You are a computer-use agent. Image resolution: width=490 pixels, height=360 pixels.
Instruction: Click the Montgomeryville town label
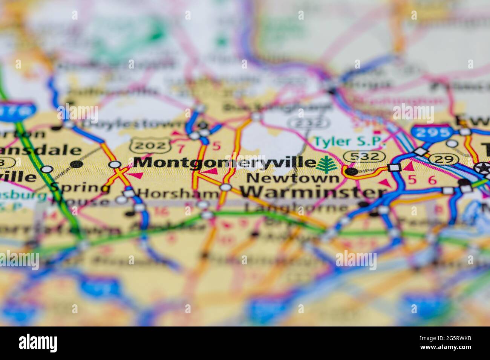pyautogui.click(x=225, y=163)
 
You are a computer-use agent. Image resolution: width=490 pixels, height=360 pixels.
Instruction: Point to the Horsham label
pyautogui.click(x=178, y=193)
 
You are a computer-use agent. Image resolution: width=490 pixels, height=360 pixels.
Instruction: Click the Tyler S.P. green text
pyautogui.click(x=350, y=142)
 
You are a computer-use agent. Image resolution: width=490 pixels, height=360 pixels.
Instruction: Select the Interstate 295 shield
pyautogui.click(x=432, y=132)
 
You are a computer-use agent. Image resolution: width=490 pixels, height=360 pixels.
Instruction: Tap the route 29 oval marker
pyautogui.click(x=443, y=159)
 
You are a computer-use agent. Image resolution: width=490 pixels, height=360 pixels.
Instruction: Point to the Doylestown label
pyautogui.click(x=134, y=124)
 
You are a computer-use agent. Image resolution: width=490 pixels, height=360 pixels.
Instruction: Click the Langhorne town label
pyautogui.click(x=297, y=207)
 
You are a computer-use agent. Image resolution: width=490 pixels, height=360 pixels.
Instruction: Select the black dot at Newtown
pyautogui.click(x=351, y=172)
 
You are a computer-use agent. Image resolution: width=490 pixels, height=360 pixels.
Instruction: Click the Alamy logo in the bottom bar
pyautogui.click(x=38, y=343)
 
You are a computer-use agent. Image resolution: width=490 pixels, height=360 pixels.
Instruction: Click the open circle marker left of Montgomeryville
pyautogui.click(x=115, y=164)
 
